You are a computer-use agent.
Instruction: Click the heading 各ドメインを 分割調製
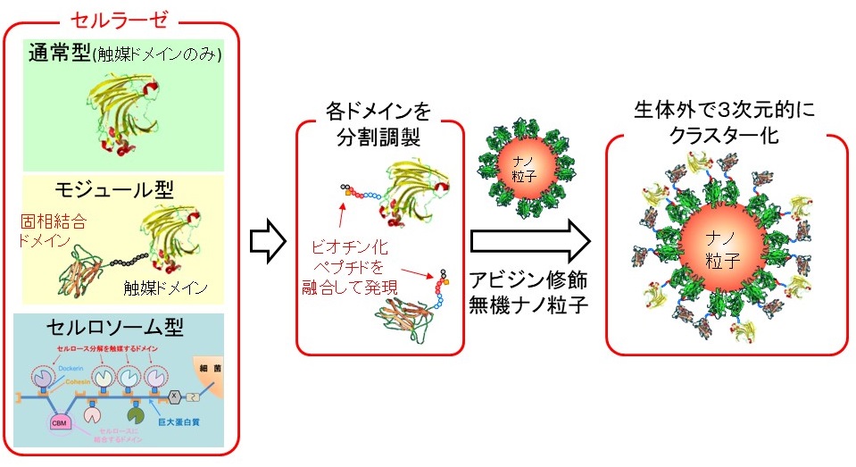click(x=380, y=124)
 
